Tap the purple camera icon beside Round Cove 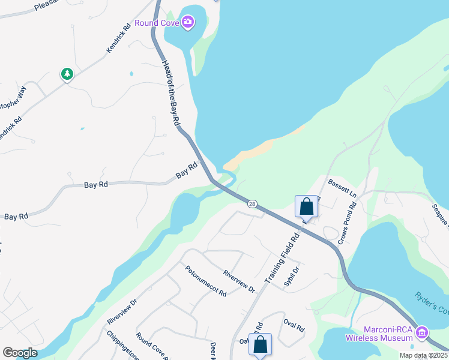(188, 23)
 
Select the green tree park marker (67, 74)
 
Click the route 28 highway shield (253, 204)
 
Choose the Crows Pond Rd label (347, 223)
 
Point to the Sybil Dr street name (292, 277)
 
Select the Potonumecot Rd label (205, 281)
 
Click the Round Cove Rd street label (151, 344)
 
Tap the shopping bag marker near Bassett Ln (306, 207)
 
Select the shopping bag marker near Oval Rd (260, 344)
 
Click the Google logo (20, 353)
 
